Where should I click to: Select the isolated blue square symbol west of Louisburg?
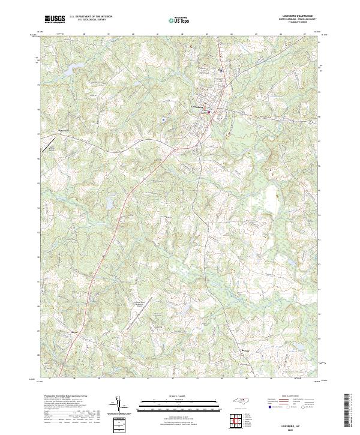(x=163, y=119)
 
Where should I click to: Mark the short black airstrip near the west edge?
(x=46, y=144)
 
